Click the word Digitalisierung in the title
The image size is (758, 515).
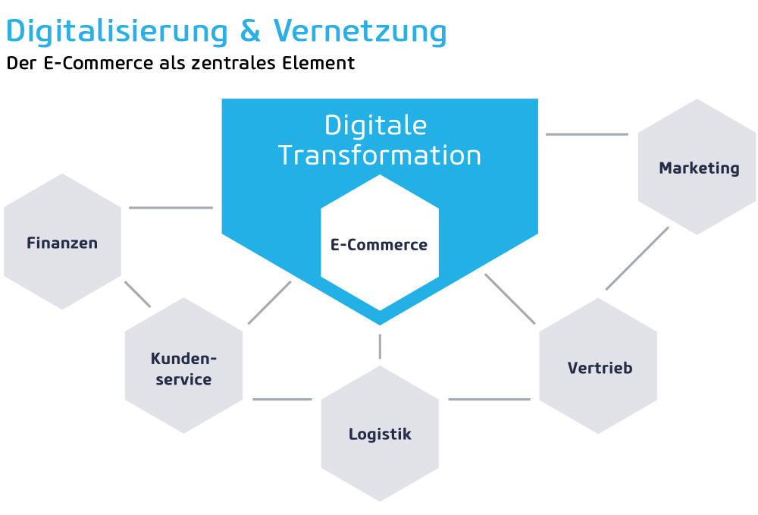(117, 33)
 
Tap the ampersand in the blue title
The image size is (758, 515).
(250, 30)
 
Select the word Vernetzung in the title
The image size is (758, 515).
(359, 33)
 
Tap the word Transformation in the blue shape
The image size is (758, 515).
(380, 155)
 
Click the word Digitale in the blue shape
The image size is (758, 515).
(376, 126)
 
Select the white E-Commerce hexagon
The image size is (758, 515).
(380, 243)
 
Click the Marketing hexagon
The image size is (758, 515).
(697, 167)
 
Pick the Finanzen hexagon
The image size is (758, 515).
(62, 241)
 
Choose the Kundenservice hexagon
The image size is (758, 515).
(183, 366)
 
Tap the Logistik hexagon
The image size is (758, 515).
(380, 433)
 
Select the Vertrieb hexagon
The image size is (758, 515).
(598, 366)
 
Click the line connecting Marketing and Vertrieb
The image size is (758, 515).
(637, 258)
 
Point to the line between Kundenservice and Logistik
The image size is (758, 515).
(282, 400)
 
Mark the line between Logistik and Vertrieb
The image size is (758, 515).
(489, 400)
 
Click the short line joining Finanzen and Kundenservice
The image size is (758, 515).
(137, 294)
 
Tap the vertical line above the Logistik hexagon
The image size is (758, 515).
(380, 346)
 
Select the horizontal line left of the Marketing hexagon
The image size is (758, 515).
(587, 134)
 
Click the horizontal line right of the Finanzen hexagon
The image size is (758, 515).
(171, 208)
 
